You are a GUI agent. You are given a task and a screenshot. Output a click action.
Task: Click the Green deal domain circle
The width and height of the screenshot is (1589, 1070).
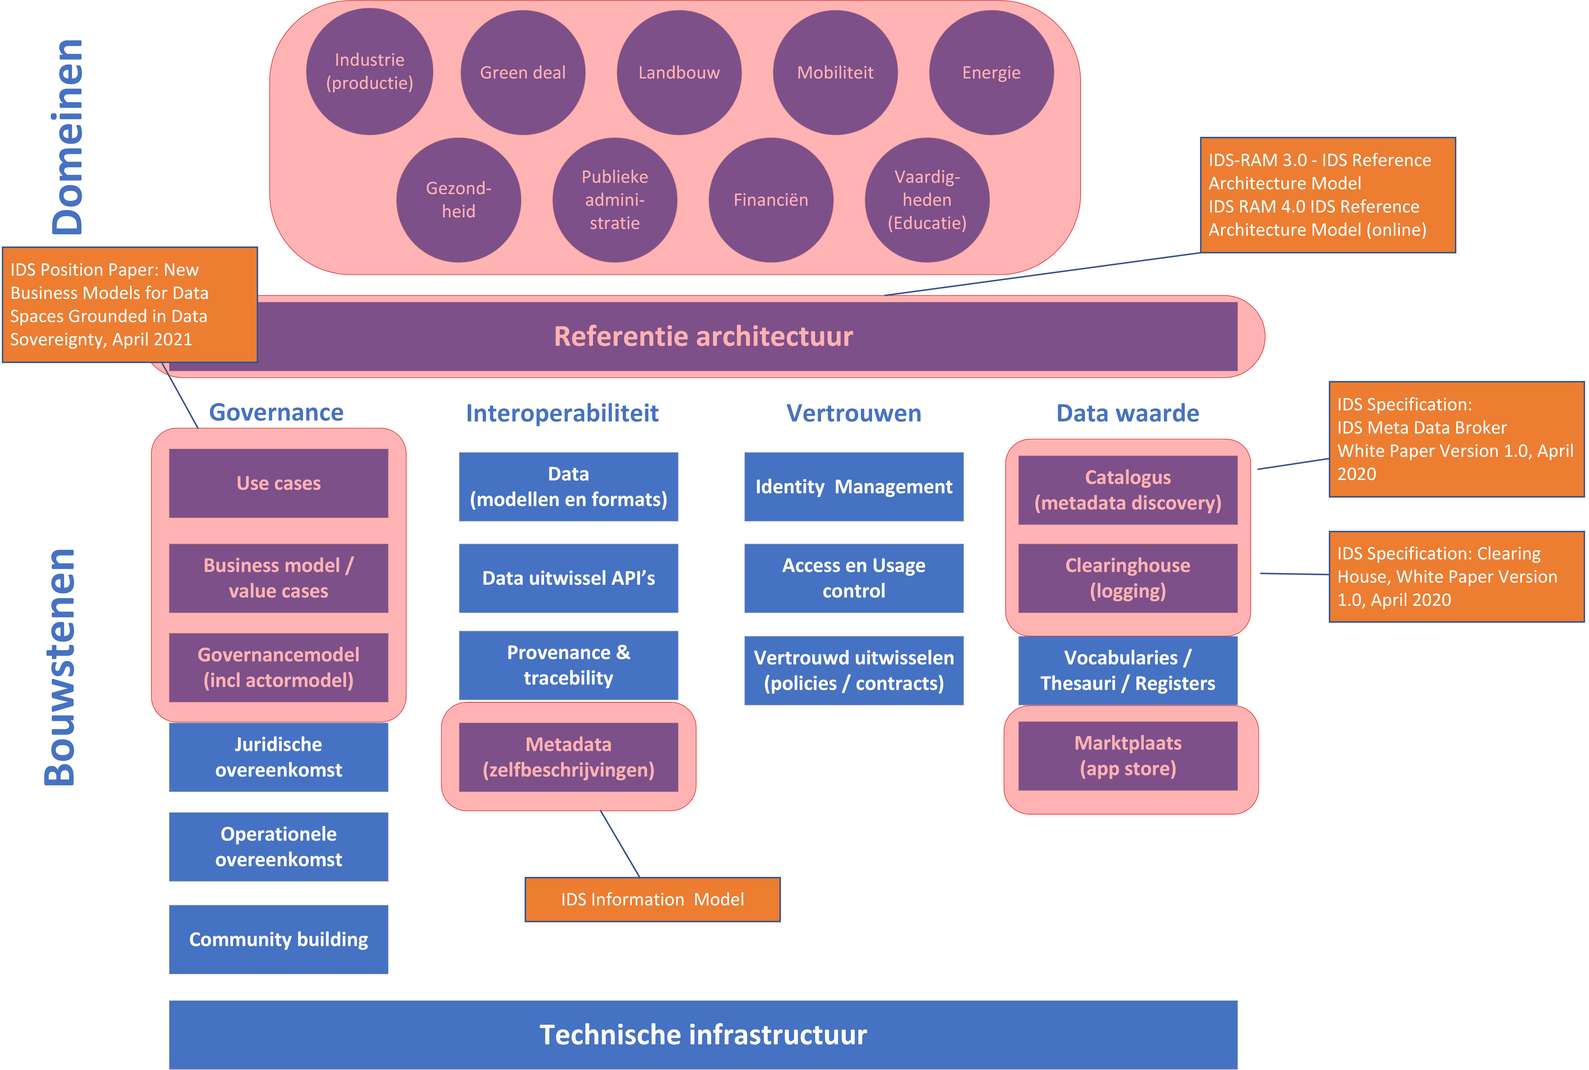tap(523, 72)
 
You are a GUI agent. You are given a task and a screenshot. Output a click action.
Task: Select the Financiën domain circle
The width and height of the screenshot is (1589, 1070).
tap(771, 200)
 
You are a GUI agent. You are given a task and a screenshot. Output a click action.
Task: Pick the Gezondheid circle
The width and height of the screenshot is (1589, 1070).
tap(458, 200)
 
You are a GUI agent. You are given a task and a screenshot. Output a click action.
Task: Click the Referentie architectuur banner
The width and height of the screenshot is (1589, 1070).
tap(703, 336)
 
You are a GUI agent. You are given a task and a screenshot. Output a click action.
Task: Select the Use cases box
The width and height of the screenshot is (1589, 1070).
tap(278, 483)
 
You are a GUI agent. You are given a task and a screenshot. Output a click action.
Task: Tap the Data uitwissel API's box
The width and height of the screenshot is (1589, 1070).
tap(568, 578)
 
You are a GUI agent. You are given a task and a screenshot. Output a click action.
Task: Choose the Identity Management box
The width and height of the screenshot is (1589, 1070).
tap(854, 486)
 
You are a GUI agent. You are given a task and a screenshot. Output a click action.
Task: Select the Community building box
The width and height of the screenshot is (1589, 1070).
tap(278, 940)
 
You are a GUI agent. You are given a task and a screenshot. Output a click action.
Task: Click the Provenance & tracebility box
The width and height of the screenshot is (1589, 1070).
tap(568, 665)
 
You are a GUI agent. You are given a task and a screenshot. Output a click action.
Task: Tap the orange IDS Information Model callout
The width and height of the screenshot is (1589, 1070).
tap(653, 899)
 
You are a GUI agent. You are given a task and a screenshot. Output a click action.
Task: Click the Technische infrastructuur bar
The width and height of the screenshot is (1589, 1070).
tap(703, 1034)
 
